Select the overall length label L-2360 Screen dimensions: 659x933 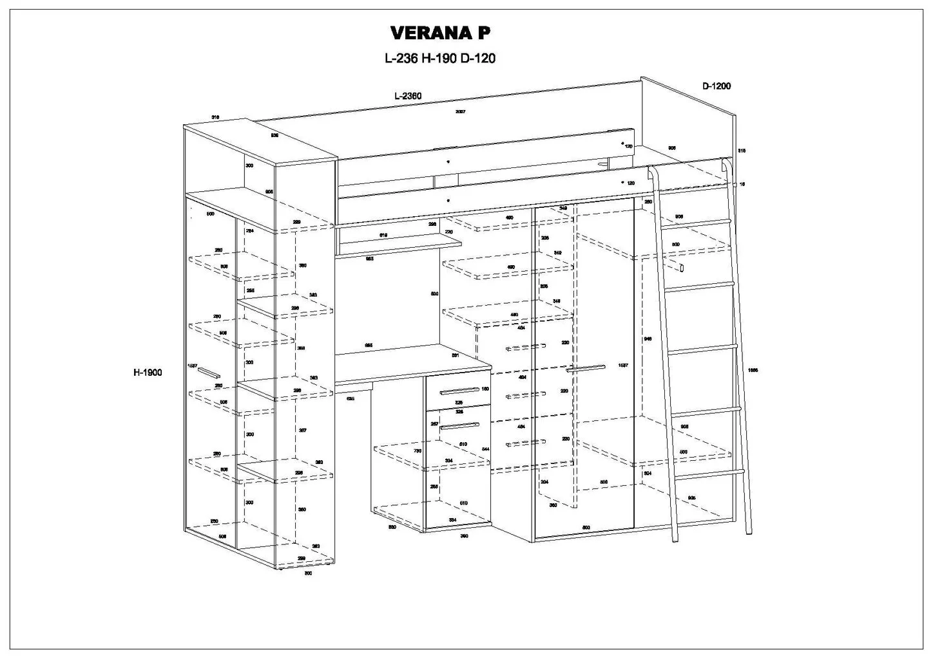coord(408,96)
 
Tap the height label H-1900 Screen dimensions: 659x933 coord(148,372)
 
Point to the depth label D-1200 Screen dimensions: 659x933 coord(716,86)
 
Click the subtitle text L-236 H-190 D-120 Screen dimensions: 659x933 coord(439,59)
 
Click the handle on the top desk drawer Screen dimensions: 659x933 coord(459,390)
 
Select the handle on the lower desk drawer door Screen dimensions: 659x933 coord(460,425)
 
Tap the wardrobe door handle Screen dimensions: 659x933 coord(586,369)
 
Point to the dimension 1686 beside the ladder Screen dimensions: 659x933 coord(753,370)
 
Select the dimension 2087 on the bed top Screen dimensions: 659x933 coord(461,112)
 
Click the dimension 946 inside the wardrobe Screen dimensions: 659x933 coord(648,339)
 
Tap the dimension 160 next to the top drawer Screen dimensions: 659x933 coord(485,389)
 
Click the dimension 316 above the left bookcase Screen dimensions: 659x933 coord(216,117)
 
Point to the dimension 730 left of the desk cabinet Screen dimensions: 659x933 coord(417,451)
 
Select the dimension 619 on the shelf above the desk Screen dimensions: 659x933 coord(383,236)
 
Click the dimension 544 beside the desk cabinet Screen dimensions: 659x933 coord(485,449)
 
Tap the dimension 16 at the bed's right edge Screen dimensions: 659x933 coord(742,185)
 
